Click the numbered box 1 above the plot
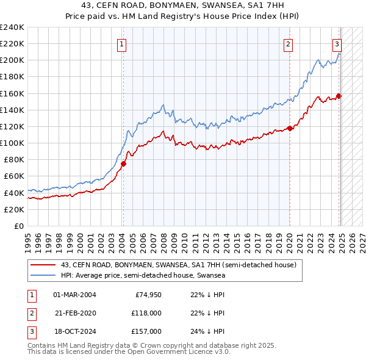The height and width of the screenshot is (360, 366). (122, 43)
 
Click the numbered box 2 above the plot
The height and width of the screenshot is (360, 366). (288, 43)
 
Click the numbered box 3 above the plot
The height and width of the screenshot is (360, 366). (337, 43)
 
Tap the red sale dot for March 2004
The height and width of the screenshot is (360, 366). (123, 164)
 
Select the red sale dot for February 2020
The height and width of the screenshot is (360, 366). (290, 128)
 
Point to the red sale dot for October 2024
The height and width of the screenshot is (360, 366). (339, 96)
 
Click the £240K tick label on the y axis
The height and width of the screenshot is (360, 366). (12, 27)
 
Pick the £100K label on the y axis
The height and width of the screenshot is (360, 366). (12, 143)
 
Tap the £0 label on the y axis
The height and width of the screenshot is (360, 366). (19, 226)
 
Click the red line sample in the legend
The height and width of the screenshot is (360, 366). (43, 265)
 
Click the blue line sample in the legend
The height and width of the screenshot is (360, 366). (43, 276)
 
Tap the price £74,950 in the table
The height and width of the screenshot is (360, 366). (148, 295)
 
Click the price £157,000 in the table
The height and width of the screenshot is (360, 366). (146, 331)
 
